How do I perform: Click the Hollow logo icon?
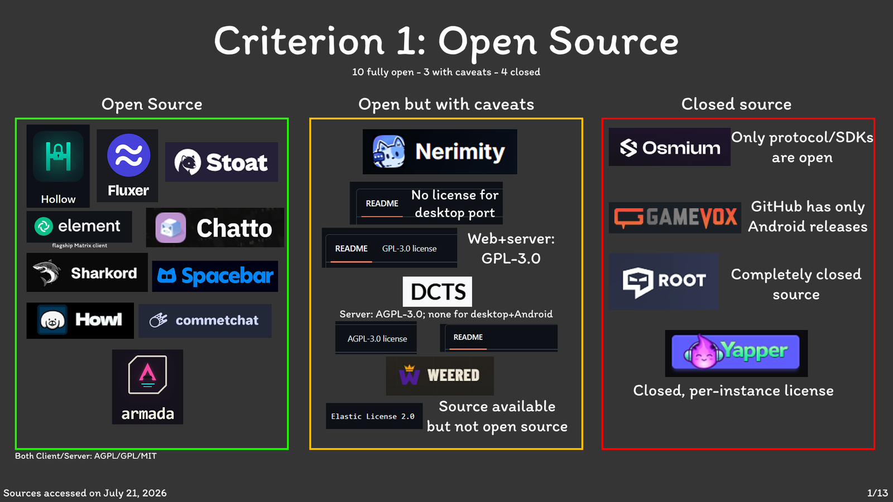(x=58, y=156)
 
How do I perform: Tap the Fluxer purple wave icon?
(x=128, y=155)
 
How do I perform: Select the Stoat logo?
(x=221, y=162)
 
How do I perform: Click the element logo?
(x=79, y=226)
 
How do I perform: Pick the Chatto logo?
(x=215, y=228)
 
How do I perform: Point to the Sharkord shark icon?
(x=47, y=273)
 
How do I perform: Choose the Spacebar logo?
(x=215, y=276)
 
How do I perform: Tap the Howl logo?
(x=80, y=320)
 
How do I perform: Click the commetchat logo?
(x=205, y=321)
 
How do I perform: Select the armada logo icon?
(x=147, y=374)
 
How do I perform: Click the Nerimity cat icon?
(x=388, y=151)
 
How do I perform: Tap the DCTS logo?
(x=438, y=292)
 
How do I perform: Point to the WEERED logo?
(x=440, y=376)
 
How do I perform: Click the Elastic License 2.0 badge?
(x=374, y=416)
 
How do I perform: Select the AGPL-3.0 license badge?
(x=376, y=339)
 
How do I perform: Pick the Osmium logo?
(x=669, y=147)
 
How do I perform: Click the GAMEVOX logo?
(x=675, y=218)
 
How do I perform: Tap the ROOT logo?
(x=664, y=282)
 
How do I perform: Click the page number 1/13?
(x=877, y=493)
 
